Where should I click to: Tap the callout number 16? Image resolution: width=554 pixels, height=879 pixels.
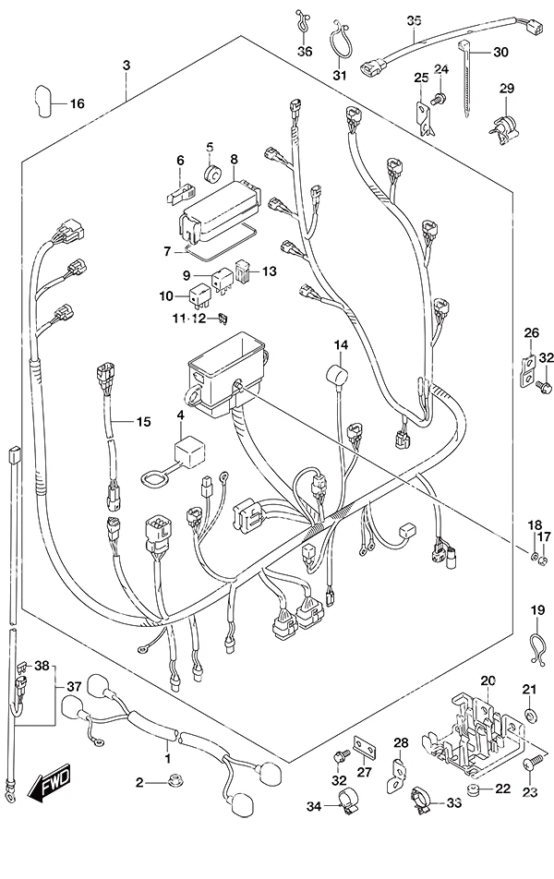(x=78, y=103)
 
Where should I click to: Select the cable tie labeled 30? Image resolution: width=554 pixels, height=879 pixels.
(x=464, y=78)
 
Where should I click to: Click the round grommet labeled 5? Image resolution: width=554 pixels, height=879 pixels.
(x=212, y=174)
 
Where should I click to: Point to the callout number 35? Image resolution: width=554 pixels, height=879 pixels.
(x=414, y=21)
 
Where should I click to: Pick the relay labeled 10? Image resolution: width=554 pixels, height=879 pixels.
(x=200, y=296)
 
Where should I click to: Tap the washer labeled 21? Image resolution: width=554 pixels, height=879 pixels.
(x=529, y=715)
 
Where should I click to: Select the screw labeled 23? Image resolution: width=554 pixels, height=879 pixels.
(x=534, y=763)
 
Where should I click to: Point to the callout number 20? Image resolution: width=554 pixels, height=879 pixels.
(x=488, y=681)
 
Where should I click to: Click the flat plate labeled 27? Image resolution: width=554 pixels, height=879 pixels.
(x=364, y=746)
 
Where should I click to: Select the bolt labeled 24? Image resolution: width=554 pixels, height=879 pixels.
(x=438, y=100)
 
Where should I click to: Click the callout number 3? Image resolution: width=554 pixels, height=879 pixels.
(x=126, y=66)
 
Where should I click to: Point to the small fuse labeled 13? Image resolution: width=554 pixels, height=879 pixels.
(x=243, y=271)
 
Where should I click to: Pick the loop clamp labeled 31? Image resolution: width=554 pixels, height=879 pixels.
(x=338, y=40)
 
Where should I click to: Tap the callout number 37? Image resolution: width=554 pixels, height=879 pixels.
(x=75, y=686)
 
